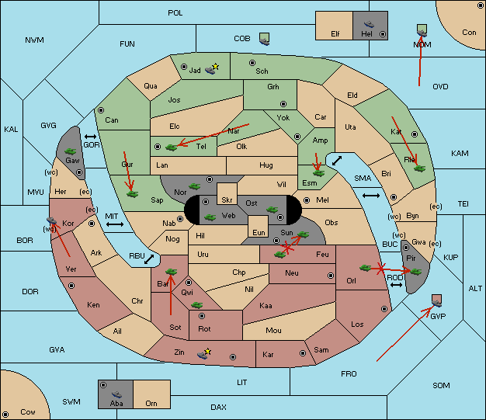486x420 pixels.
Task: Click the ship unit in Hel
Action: point(369,24)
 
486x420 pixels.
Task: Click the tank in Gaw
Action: point(71,151)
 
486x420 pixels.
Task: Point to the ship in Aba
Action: point(117,394)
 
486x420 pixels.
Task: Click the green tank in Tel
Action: point(171,148)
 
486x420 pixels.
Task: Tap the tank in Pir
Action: point(415,272)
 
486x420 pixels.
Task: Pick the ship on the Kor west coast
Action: point(51,220)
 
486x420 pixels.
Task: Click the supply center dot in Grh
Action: point(283,104)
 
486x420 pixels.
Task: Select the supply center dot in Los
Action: point(384,309)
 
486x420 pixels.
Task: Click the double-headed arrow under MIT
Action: point(115,224)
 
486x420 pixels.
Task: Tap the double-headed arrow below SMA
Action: point(371,196)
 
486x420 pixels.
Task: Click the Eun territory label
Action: point(259,232)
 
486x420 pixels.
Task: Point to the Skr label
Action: point(227,200)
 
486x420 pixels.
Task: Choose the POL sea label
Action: point(175,13)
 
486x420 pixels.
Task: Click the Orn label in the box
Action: point(151,403)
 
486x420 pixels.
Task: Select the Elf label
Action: point(335,34)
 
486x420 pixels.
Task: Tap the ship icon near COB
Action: point(265,39)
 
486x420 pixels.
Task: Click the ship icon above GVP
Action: point(437,300)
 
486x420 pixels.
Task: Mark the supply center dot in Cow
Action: point(5,414)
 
